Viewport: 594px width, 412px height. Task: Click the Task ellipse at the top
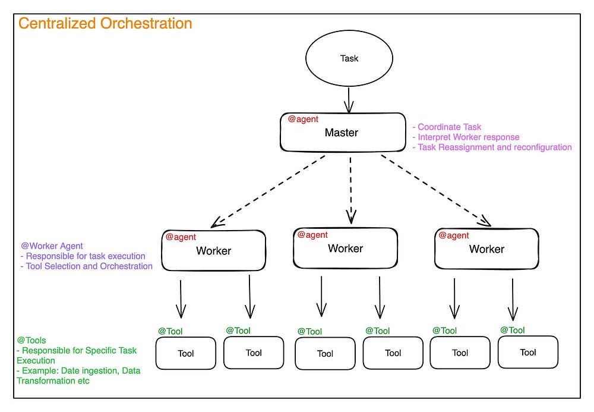pos(349,58)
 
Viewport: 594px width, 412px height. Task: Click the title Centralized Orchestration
pos(105,24)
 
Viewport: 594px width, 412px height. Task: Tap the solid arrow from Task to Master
pos(349,98)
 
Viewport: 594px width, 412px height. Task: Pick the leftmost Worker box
pos(213,250)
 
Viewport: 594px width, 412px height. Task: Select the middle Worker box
pos(345,248)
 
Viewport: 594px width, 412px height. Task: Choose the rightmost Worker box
pos(486,249)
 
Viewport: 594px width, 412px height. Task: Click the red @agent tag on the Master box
pos(303,119)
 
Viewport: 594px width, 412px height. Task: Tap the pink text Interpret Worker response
pos(469,137)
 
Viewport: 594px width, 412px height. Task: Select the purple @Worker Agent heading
pos(52,246)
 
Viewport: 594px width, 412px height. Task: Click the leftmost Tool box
pos(186,353)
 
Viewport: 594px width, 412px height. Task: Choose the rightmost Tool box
pos(527,352)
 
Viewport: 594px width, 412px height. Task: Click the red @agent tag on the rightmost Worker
pos(454,235)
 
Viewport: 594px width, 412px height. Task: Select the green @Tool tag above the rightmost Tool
pos(512,330)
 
